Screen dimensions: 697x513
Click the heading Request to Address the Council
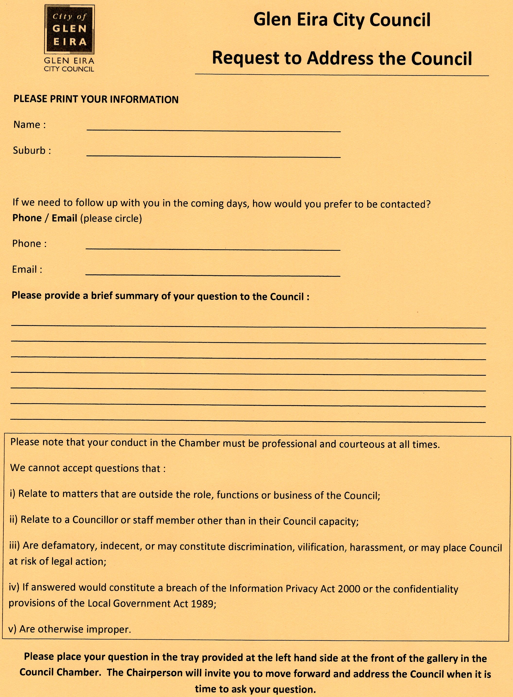pos(342,58)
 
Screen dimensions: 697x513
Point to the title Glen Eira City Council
pos(342,20)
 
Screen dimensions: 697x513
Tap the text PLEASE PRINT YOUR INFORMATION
pos(96,99)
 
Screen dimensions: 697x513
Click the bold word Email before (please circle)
pos(64,218)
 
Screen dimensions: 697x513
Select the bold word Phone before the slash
pos(27,218)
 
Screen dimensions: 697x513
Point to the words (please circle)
pos(111,219)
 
